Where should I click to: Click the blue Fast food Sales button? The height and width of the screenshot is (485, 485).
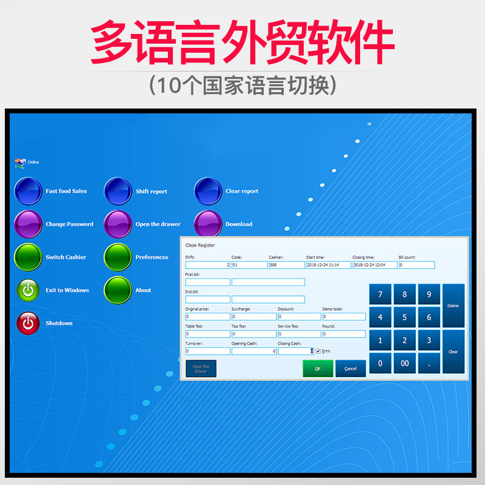tap(28, 192)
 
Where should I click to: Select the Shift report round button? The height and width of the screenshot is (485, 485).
tap(118, 192)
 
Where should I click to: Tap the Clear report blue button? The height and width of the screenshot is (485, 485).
tap(208, 192)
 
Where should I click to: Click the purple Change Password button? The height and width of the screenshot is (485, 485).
tap(28, 224)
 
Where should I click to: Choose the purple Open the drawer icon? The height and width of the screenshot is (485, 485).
tap(118, 224)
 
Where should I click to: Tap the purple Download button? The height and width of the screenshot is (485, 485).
tap(208, 224)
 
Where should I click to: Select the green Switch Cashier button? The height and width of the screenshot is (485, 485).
tap(28, 257)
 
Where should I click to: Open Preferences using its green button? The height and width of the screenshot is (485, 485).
tap(118, 257)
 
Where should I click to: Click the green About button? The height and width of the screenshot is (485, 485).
tap(118, 290)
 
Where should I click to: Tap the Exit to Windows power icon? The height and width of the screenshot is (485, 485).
tap(28, 290)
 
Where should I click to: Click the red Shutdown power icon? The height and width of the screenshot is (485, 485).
tap(28, 323)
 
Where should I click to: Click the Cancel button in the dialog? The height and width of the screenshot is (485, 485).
tap(350, 369)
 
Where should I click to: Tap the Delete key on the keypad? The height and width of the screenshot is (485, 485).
tap(453, 306)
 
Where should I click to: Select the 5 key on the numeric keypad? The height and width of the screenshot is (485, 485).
tap(404, 317)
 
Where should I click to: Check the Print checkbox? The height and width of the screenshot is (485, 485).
tap(318, 351)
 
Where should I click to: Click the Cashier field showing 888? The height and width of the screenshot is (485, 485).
tap(287, 265)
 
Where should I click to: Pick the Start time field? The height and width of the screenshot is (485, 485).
tap(327, 265)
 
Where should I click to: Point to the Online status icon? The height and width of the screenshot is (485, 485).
tap(20, 162)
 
